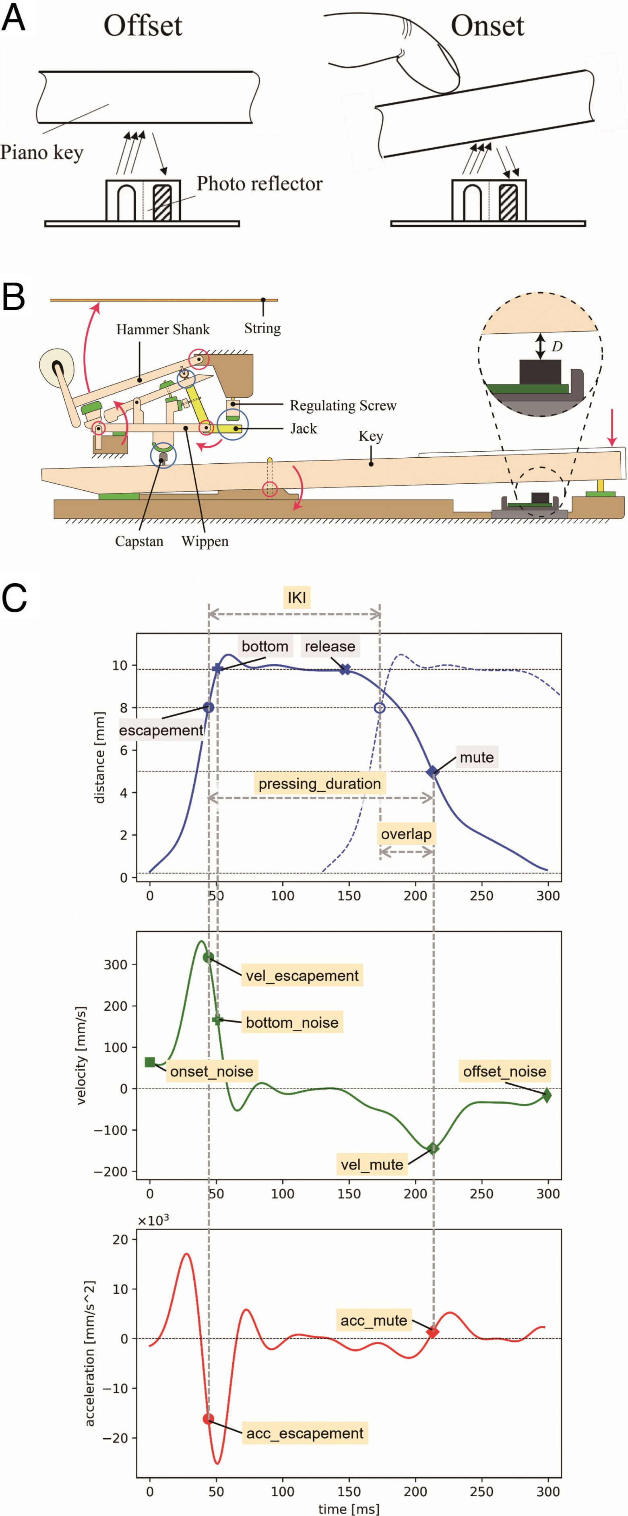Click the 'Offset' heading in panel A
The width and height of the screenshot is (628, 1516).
point(143,26)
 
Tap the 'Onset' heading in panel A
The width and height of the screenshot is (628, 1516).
point(488,26)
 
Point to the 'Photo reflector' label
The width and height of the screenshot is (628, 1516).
point(260,184)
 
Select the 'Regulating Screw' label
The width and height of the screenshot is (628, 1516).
point(343,405)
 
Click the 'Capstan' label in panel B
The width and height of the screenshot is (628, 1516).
point(139,541)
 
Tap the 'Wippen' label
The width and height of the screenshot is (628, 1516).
point(205,541)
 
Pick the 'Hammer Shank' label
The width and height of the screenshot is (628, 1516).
point(163,330)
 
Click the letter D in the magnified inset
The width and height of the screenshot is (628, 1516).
point(557,346)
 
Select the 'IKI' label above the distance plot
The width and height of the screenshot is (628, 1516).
point(297,597)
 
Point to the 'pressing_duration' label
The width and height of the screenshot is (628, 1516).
point(320,783)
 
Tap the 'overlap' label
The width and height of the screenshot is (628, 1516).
point(406,834)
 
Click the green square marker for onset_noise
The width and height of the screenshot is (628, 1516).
point(150,1062)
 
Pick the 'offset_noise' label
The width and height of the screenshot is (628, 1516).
point(504,1071)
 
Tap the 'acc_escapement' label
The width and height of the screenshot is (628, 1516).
point(305,1433)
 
